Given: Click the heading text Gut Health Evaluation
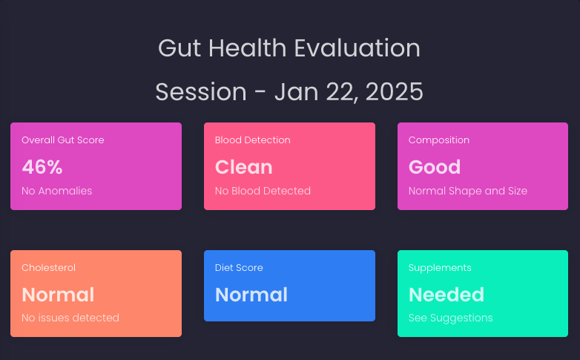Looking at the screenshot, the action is pyautogui.click(x=289, y=48).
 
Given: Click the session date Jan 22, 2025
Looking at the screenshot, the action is pyautogui.click(x=349, y=92).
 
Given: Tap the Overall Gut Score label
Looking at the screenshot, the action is pyautogui.click(x=63, y=140).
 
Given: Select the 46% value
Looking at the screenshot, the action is pyautogui.click(x=42, y=167).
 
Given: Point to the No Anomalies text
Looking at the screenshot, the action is pyautogui.click(x=56, y=191).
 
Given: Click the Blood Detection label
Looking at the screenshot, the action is pyautogui.click(x=253, y=140).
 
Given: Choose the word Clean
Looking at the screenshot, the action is pyautogui.click(x=244, y=167).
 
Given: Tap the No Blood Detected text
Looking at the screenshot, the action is pyautogui.click(x=263, y=191).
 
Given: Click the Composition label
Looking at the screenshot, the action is pyautogui.click(x=438, y=140).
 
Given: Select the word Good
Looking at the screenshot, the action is pyautogui.click(x=435, y=167).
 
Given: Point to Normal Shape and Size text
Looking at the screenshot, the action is pyautogui.click(x=468, y=191).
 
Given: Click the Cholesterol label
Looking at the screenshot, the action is pyautogui.click(x=48, y=267).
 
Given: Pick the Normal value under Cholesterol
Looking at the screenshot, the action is pyautogui.click(x=58, y=295).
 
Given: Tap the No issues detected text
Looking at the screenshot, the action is pyautogui.click(x=70, y=318).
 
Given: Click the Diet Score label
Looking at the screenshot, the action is pyautogui.click(x=239, y=267).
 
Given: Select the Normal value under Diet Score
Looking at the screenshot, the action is pyautogui.click(x=251, y=295).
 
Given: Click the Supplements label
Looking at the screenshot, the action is pyautogui.click(x=440, y=268).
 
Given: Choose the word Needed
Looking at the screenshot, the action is pyautogui.click(x=446, y=295).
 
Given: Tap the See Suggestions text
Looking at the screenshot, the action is pyautogui.click(x=450, y=318).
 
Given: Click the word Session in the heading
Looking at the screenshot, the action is pyautogui.click(x=201, y=92).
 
